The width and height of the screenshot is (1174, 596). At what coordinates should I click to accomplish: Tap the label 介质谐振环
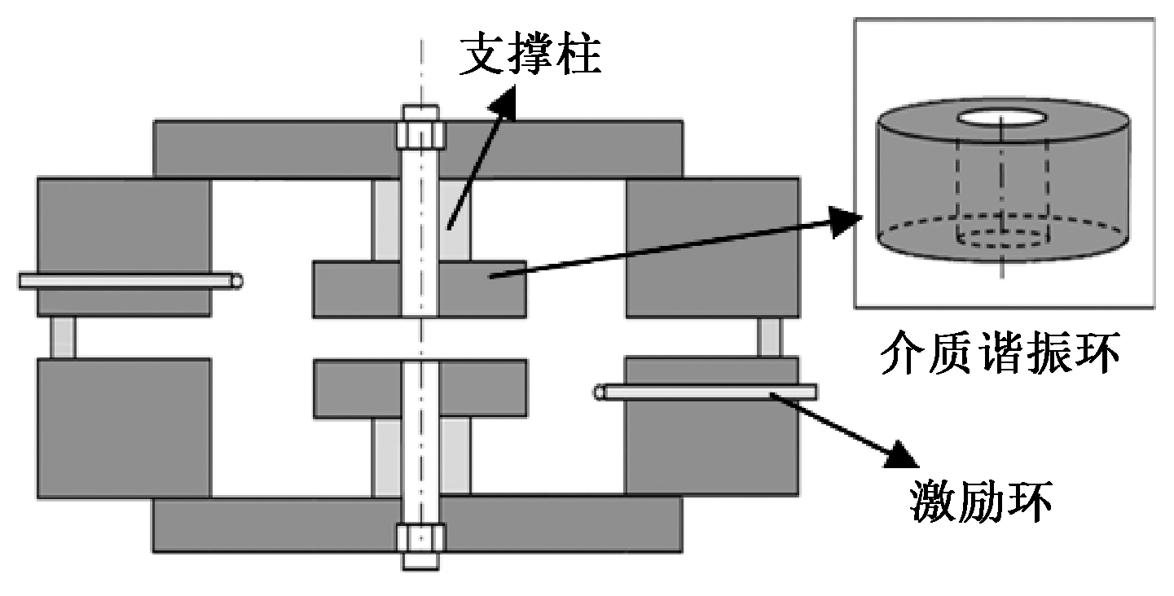pyautogui.click(x=999, y=355)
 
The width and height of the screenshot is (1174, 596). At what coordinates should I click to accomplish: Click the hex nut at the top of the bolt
pyautogui.click(x=420, y=133)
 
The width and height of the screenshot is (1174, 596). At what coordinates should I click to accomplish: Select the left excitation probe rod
pyautogui.click(x=122, y=281)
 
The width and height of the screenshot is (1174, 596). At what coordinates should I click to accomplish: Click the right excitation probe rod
pyautogui.click(x=709, y=392)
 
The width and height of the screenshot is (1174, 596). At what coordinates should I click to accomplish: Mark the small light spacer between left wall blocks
pyautogui.click(x=63, y=337)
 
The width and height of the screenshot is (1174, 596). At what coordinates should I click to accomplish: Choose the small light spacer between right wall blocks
pyautogui.click(x=769, y=337)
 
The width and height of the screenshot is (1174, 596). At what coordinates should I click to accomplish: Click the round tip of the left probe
pyautogui.click(x=237, y=281)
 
